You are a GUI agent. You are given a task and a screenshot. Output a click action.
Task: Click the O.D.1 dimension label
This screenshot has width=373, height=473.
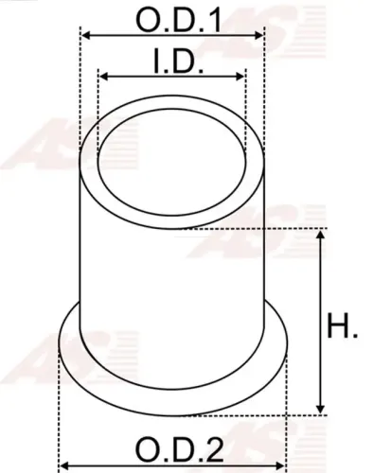pyautogui.click(x=172, y=18)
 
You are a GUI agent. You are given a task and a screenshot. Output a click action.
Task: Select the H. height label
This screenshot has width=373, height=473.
pyautogui.click(x=343, y=328)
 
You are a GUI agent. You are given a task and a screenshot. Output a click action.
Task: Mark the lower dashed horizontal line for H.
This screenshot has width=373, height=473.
pyautogui.click(x=303, y=414)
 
